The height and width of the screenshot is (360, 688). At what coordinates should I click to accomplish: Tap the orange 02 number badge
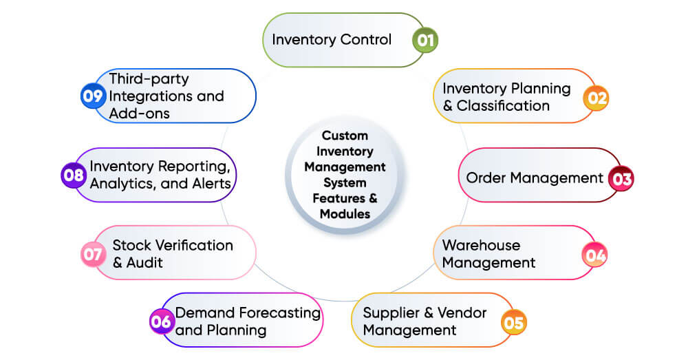pos(596,98)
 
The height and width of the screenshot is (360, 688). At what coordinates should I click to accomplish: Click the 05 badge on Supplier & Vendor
pos(514,321)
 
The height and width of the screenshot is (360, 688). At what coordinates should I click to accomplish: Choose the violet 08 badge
pos(74,175)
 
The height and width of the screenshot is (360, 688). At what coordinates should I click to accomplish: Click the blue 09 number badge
pos(92,96)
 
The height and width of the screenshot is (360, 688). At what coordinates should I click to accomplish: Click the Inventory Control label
pos(332,39)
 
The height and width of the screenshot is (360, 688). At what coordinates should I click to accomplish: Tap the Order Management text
pos(535,178)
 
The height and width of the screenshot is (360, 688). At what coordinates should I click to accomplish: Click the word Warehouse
pos(481,245)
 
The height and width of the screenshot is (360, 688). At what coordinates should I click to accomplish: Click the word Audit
pos(144,263)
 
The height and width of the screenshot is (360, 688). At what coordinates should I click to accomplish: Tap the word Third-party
pos(149,78)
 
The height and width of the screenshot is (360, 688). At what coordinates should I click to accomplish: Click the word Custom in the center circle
pos(345,136)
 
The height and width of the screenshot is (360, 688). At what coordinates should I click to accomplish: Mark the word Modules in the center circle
pos(345,213)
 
